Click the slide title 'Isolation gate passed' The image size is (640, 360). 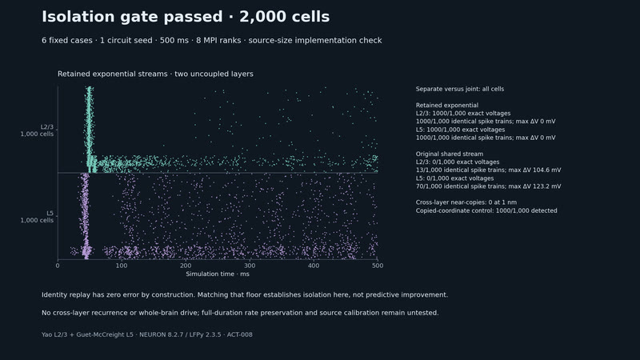pos(132,17)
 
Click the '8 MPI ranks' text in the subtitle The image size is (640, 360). pos(218,41)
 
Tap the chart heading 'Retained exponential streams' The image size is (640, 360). pos(112,74)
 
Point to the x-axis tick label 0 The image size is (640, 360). pos(58,266)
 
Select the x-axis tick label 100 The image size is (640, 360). pos(122,266)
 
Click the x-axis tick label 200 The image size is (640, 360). pos(186,266)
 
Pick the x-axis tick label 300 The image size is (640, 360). pos(250,266)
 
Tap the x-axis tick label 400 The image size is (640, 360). pos(314,266)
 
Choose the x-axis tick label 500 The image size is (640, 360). pos(378,266)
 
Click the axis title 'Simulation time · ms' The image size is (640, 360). pos(218,274)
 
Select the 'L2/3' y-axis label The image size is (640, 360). pos(47,127)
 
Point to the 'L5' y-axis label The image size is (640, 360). pos(50,213)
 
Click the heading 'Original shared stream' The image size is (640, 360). pos(450,154)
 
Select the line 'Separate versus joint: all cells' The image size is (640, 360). pos(459,89)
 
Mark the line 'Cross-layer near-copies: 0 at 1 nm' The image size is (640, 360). pos(466,202)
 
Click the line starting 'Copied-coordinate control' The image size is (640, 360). pos(486,210)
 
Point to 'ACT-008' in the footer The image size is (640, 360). pos(239,334)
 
